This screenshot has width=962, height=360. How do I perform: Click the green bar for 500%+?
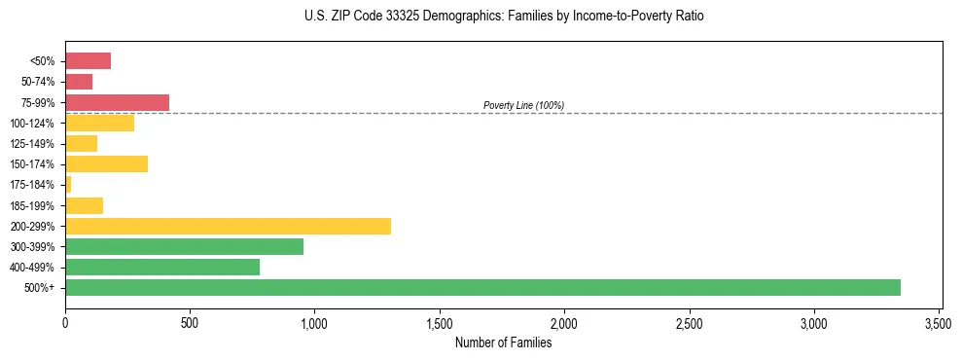[482, 287]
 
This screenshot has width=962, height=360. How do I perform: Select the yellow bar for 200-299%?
[228, 226]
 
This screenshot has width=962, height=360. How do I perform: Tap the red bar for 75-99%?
[117, 102]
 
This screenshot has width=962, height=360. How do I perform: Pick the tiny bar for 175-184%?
[68, 184]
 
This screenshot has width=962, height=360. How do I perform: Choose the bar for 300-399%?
[184, 246]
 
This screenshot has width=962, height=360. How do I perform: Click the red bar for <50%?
[88, 61]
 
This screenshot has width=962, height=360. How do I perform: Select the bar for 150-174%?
[106, 163]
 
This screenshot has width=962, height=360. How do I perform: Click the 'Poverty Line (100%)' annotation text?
[523, 105]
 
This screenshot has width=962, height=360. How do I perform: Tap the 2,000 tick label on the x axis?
[564, 322]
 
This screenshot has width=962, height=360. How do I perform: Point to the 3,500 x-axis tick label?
[939, 322]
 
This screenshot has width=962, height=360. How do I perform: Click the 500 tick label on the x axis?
[190, 322]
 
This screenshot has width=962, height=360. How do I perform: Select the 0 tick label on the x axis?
[65, 322]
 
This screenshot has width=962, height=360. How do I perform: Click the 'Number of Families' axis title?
[503, 342]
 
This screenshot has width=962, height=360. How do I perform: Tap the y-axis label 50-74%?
[38, 82]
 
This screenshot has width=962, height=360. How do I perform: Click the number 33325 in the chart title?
[374, 17]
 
